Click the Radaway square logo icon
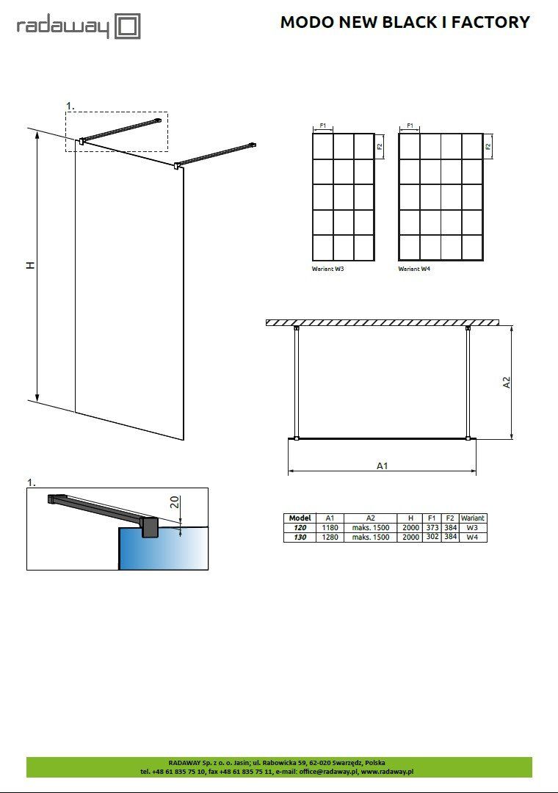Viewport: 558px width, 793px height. tap(128, 26)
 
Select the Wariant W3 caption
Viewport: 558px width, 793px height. tap(327, 269)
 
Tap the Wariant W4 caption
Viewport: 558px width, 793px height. tap(414, 269)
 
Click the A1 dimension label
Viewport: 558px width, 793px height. tap(383, 466)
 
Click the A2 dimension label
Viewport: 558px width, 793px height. tap(507, 383)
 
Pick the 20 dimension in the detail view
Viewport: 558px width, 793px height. tap(175, 502)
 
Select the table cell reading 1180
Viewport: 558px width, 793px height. tap(330, 527)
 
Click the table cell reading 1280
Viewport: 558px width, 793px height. tap(330, 537)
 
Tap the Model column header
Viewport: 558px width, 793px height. tap(300, 518)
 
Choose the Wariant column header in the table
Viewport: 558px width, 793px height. tap(473, 518)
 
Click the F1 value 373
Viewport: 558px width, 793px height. tap(432, 527)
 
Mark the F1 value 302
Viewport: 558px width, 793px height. tap(432, 537)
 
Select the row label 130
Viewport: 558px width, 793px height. tap(300, 537)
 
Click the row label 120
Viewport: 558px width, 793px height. tap(300, 527)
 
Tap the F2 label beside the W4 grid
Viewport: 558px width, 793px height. tap(488, 147)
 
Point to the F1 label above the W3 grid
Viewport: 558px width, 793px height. tap(323, 126)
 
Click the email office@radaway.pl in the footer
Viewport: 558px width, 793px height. tap(328, 772)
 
